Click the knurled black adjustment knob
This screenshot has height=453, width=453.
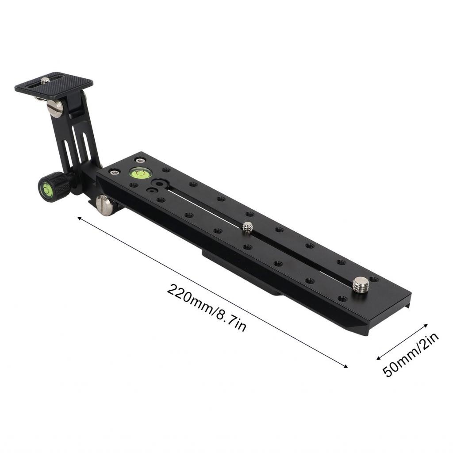[55, 187]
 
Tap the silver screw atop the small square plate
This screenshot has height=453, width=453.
[45, 81]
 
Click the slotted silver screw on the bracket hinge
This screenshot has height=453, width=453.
[55, 108]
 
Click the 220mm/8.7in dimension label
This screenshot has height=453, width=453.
[207, 308]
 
